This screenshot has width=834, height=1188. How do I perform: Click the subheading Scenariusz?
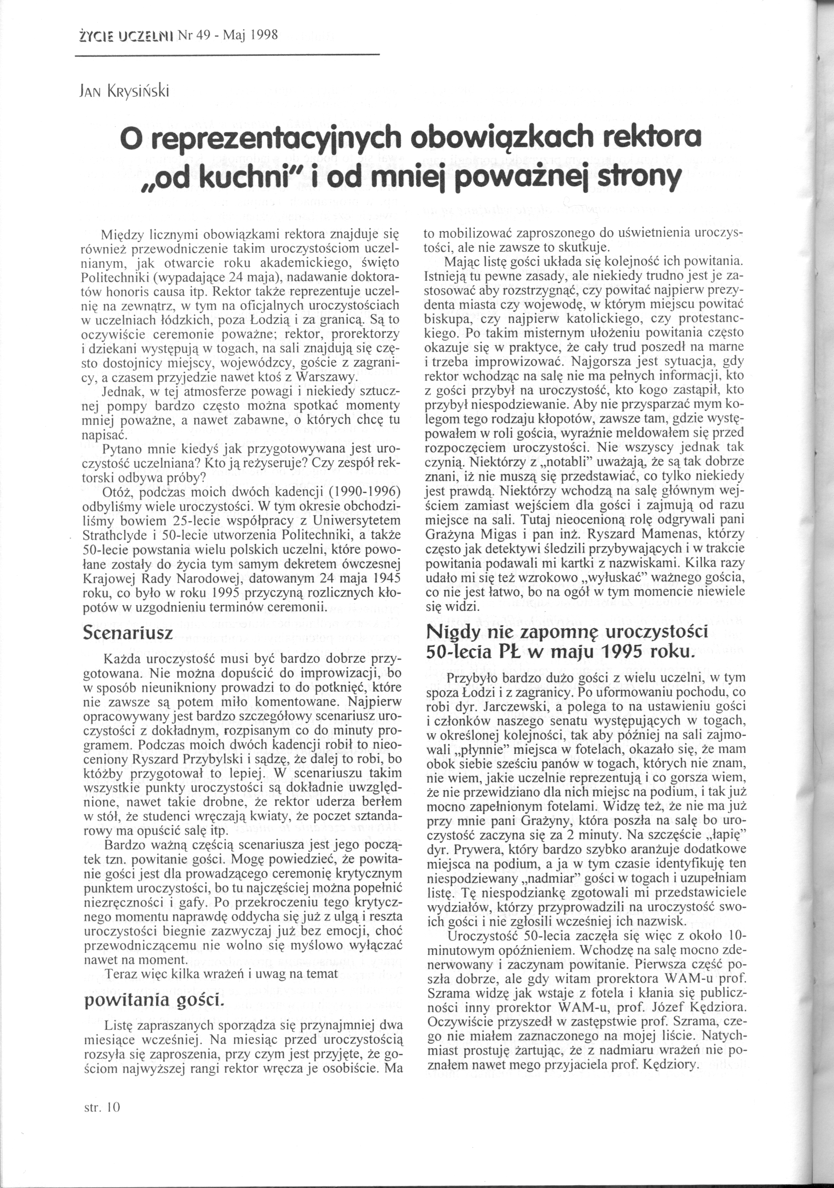click(x=128, y=634)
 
